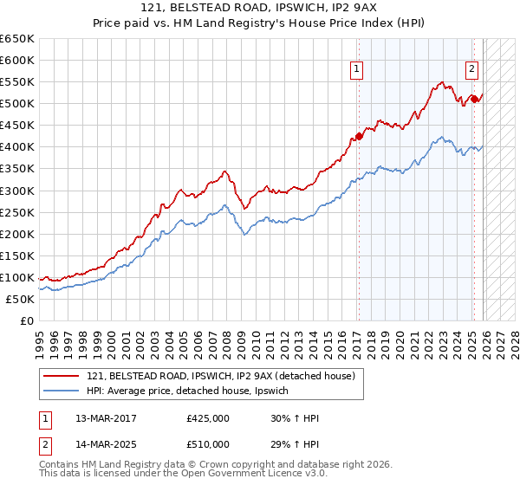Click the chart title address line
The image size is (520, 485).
pyautogui.click(x=259, y=7)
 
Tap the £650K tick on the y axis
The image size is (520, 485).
pyautogui.click(x=17, y=39)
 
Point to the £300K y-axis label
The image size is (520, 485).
pyautogui.click(x=17, y=191)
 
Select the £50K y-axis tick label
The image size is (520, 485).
pyautogui.click(x=21, y=299)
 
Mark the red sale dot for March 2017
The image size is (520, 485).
pyautogui.click(x=359, y=136)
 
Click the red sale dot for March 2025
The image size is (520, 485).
pyautogui.click(x=474, y=99)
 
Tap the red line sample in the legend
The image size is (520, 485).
pyautogui.click(x=62, y=375)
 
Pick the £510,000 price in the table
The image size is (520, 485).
pyautogui.click(x=208, y=443)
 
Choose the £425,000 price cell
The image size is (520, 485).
pyautogui.click(x=208, y=418)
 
